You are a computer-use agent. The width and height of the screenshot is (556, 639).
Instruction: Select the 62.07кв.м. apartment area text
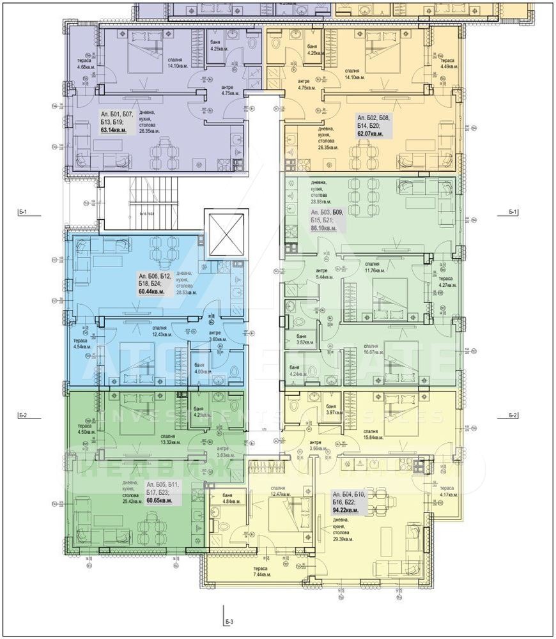369,134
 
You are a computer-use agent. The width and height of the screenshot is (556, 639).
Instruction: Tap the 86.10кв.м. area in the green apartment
323,226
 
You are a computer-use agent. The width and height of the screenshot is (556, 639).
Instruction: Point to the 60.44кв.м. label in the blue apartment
151,291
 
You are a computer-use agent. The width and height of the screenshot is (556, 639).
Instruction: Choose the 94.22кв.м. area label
344,511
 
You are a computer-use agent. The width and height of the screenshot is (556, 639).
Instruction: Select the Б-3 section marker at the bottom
229,620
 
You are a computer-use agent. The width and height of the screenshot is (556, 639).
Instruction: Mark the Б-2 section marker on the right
514,415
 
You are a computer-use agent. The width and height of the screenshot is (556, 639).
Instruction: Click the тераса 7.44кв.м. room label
261,571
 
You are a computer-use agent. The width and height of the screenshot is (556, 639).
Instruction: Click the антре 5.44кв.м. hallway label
325,274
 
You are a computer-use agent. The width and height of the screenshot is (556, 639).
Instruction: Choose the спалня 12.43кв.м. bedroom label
164,330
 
